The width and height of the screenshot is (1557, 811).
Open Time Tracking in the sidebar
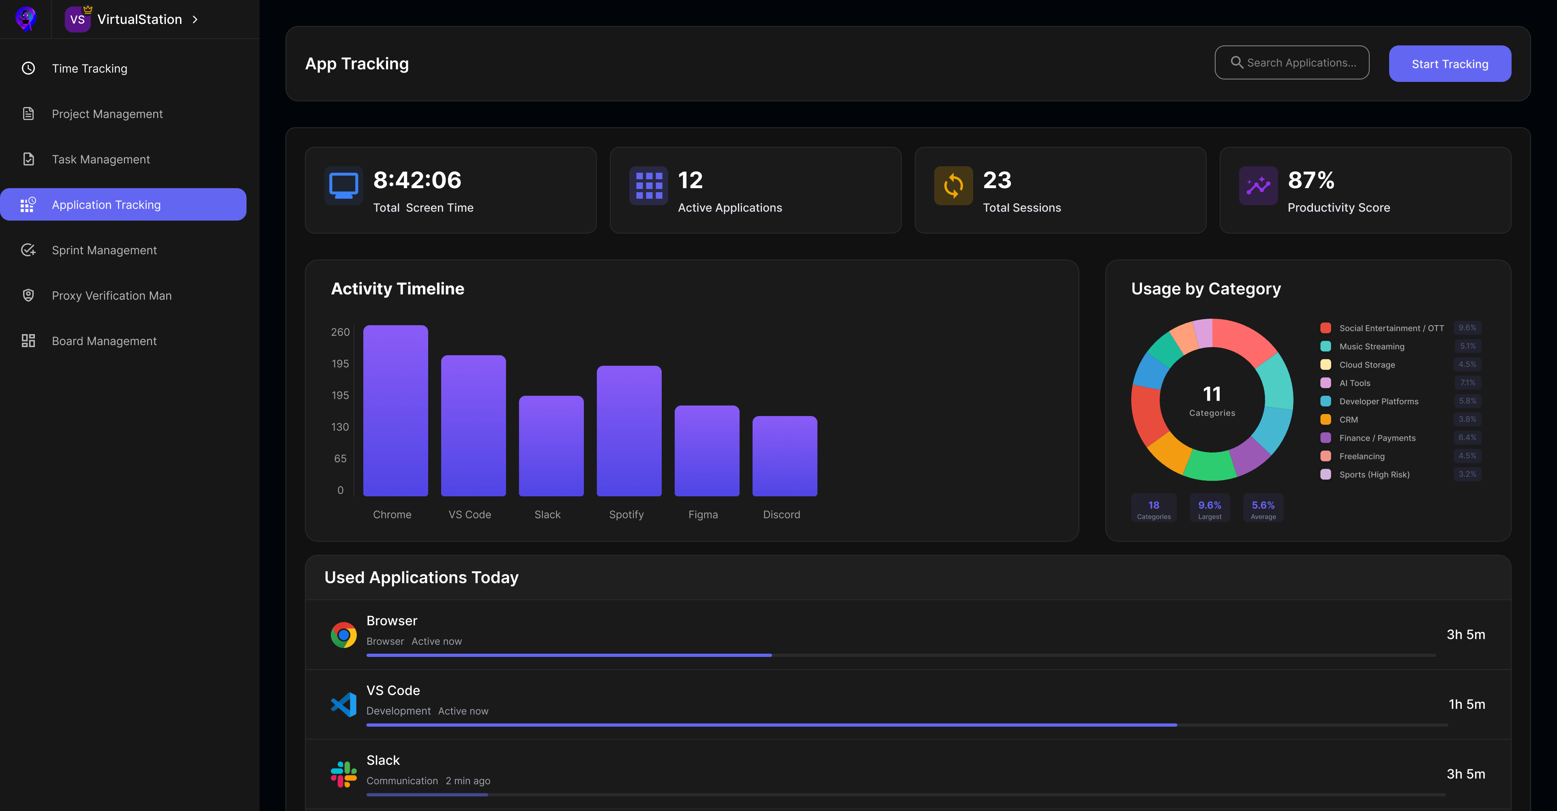click(90, 68)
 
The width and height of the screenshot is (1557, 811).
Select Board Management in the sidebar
click(104, 341)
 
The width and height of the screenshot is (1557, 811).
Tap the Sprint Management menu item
click(104, 250)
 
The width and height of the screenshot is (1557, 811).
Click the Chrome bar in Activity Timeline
click(395, 411)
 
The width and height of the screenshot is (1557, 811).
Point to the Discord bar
click(784, 456)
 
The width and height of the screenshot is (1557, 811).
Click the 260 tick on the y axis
click(340, 332)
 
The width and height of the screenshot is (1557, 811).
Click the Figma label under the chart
click(703, 514)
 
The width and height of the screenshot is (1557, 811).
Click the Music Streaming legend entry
click(1371, 346)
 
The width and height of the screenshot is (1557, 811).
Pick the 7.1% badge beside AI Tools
click(1467, 382)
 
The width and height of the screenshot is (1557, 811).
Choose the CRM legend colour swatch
click(1325, 419)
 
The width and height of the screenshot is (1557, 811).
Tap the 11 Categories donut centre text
click(1212, 401)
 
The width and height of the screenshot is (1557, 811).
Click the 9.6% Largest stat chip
click(1210, 508)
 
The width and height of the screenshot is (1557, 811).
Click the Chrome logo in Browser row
click(343, 635)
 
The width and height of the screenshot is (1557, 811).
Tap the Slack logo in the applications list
click(343, 774)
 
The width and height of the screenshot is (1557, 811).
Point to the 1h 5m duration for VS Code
click(1466, 704)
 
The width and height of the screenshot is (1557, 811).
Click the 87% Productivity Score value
click(1310, 180)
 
